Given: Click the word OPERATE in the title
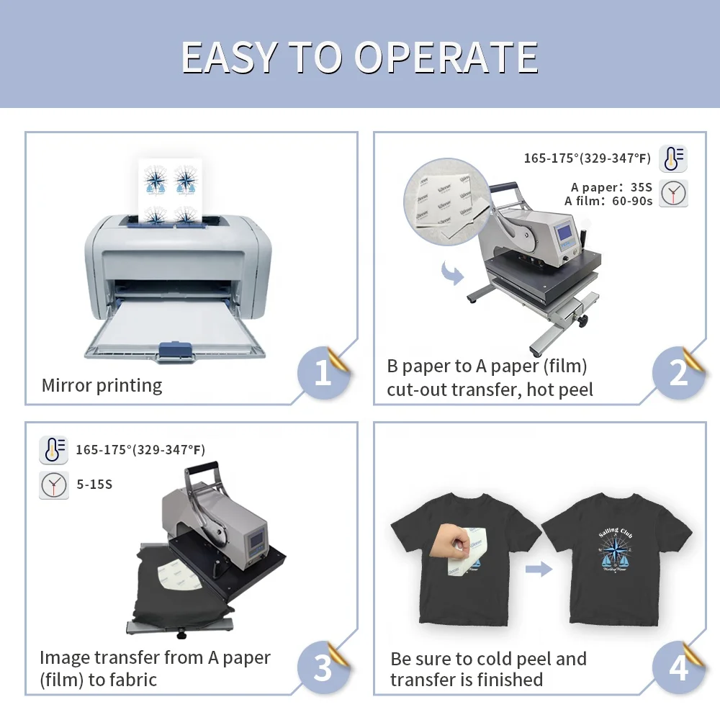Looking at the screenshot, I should pos(446,58).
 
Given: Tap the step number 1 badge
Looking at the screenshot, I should pos(322,373).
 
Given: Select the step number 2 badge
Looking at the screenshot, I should pos(678,373).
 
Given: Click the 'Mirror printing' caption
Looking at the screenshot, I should pos(102,385).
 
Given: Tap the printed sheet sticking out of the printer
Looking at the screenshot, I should pos(171,189).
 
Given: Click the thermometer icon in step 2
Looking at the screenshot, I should pos(674,158).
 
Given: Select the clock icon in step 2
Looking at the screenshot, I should pos(674,193).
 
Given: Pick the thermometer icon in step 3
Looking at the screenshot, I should pos(54,449).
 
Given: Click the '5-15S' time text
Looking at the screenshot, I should pos(94,485).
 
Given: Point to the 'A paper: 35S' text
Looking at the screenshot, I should pos(611,187).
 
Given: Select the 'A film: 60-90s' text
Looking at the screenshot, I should pos(608,202).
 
